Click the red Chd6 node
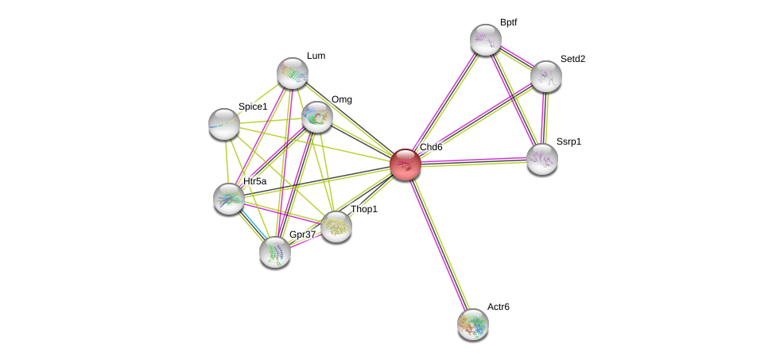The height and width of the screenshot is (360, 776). coord(405,165)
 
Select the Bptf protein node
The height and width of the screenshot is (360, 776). coord(485,40)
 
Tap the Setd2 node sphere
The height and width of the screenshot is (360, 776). coord(545,76)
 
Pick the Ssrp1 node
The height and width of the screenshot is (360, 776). coord(542,159)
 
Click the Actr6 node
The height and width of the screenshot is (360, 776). coord(472,323)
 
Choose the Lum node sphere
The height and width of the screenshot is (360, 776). coord(292,73)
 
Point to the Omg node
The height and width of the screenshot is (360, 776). coord(316,117)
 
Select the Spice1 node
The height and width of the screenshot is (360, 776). coord(224,123)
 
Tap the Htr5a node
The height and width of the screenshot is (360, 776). coord(228,199)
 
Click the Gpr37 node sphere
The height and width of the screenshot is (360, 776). coord(275,252)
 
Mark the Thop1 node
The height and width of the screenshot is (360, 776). coord(336,226)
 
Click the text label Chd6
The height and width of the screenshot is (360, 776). coord(431,147)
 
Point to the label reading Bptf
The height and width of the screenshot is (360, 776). coord(508,22)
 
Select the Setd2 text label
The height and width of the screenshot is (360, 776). coord(572,59)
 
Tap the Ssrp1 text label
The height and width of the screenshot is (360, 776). coord(568,141)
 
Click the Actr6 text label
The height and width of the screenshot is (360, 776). coord(499,307)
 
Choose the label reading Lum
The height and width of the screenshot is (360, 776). coord(316,56)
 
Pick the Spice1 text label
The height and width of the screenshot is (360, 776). coord(253,106)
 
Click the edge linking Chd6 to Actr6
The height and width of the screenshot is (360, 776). coord(439,244)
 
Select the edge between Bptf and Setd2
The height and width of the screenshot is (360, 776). coord(515,58)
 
